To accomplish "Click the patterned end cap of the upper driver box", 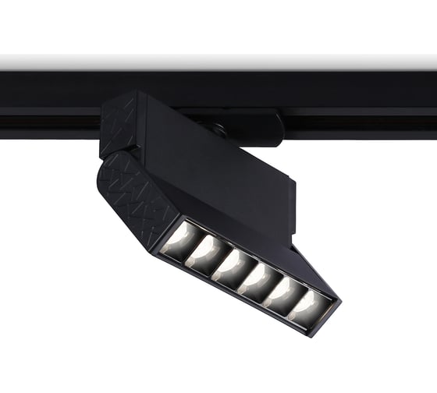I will coord(119,125).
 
